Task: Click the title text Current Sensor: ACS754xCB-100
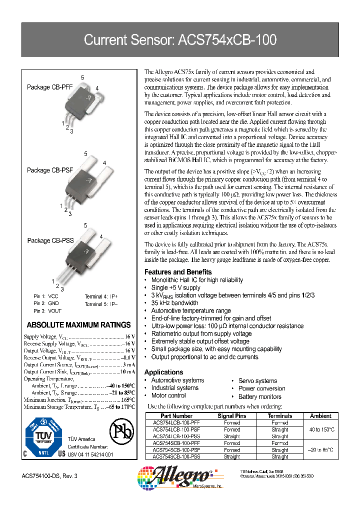(179, 40)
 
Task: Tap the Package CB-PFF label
(49, 87)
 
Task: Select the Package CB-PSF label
(49, 170)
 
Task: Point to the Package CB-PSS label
(50, 240)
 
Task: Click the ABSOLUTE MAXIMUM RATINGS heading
(78, 325)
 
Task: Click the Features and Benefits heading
(177, 272)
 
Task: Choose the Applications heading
(163, 372)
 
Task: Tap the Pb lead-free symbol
(120, 431)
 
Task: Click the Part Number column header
(176, 416)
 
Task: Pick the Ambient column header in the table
(320, 416)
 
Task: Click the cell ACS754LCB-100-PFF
(176, 423)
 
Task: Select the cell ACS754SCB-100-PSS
(176, 456)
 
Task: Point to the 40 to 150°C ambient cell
(320, 429)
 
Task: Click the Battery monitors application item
(259, 396)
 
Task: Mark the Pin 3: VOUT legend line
(46, 311)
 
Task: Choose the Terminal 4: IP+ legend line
(101, 296)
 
